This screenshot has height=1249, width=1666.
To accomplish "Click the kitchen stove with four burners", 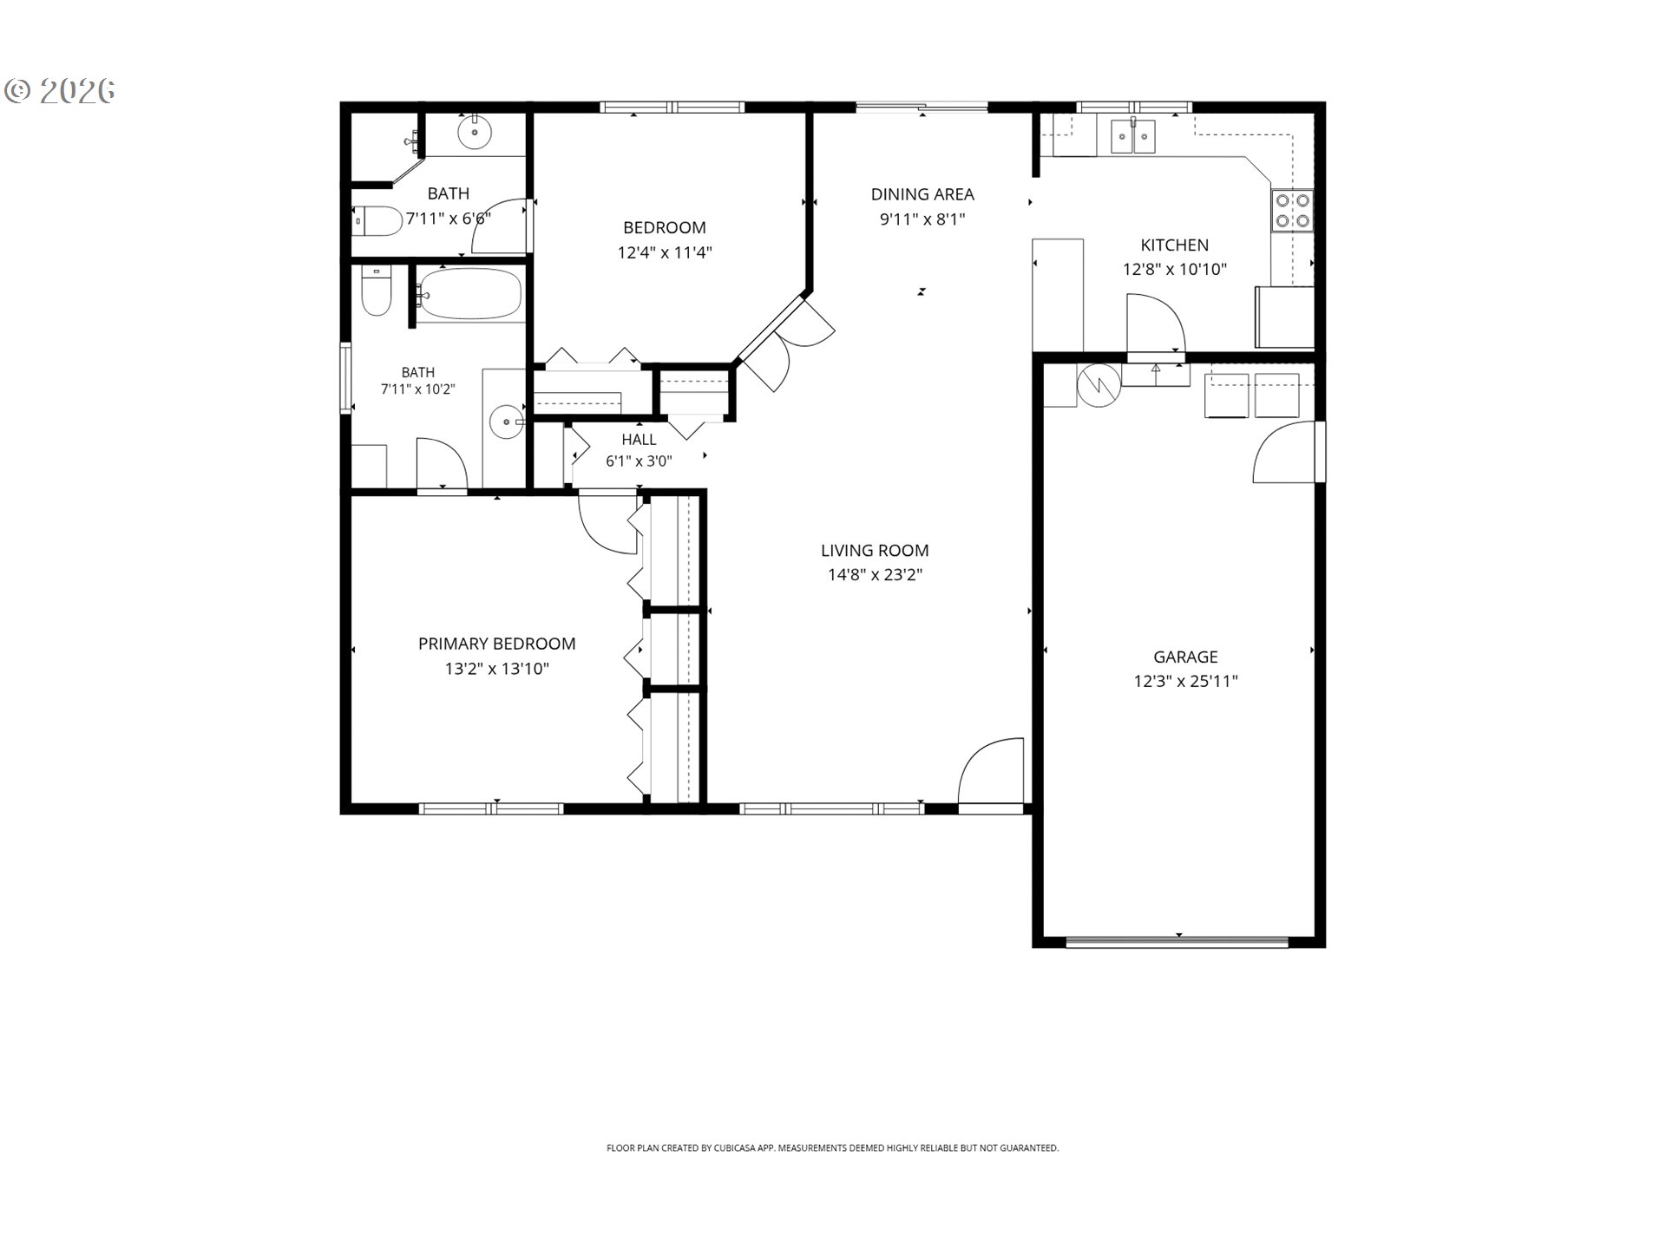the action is [x=1292, y=210].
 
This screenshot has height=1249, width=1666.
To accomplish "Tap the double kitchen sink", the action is [x=1133, y=136].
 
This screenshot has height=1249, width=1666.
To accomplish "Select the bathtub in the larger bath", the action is [x=469, y=294].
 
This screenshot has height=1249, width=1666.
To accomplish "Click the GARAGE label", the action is [x=1185, y=657].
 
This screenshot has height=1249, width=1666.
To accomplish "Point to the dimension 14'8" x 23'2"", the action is [x=875, y=574].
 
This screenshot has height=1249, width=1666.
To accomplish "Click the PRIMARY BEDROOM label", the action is [x=496, y=644].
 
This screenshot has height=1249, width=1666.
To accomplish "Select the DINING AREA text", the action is [x=922, y=194].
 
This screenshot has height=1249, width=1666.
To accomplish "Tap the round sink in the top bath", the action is [x=475, y=134].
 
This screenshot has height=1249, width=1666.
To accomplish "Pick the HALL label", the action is [x=639, y=440].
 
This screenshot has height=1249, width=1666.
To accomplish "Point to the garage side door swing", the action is [x=1285, y=451].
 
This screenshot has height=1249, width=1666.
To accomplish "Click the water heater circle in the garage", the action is [x=1099, y=385].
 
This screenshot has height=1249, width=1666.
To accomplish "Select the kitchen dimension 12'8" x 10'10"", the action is [x=1175, y=269].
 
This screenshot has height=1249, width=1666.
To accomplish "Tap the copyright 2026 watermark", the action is [x=60, y=90].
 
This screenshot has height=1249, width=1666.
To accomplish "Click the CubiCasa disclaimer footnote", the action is [x=832, y=1148].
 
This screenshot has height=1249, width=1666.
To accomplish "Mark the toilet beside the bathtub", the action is [x=377, y=291].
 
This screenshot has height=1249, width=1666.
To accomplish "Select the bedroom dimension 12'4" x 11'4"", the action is [x=665, y=252].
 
